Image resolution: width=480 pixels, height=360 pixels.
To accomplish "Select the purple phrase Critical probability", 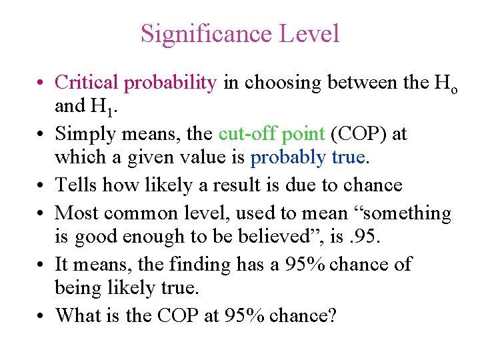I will click(x=136, y=83).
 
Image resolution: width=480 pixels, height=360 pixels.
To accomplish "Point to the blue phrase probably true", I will click(x=309, y=157).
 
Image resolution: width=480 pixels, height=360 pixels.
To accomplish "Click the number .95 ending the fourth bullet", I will click(x=355, y=237).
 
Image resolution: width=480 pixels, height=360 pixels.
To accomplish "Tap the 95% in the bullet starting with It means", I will click(x=305, y=264).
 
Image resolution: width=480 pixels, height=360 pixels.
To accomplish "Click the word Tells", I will click(x=75, y=185).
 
